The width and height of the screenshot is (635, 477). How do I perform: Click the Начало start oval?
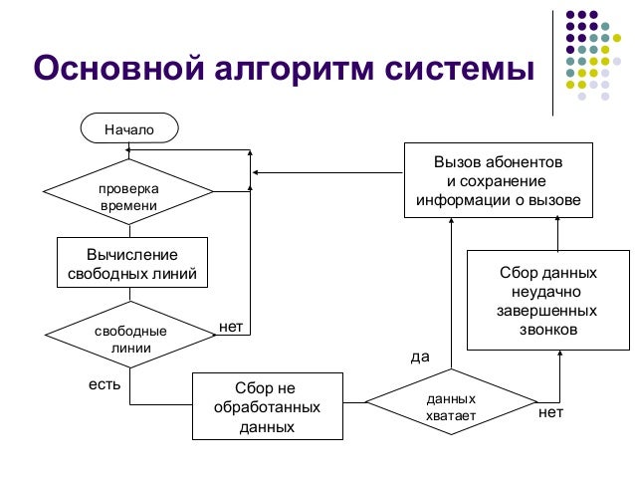click(x=129, y=127)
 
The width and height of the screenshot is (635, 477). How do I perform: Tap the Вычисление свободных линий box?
click(x=131, y=264)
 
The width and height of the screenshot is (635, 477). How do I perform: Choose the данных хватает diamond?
click(x=450, y=406)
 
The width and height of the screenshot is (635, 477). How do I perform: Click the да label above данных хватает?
click(x=420, y=356)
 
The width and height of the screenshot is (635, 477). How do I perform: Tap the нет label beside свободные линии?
click(x=231, y=326)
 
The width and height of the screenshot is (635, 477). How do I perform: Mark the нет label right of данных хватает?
click(x=549, y=410)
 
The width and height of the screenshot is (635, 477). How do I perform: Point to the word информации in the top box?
click(x=460, y=197)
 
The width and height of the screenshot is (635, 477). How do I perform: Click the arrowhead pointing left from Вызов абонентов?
click(x=255, y=174)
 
